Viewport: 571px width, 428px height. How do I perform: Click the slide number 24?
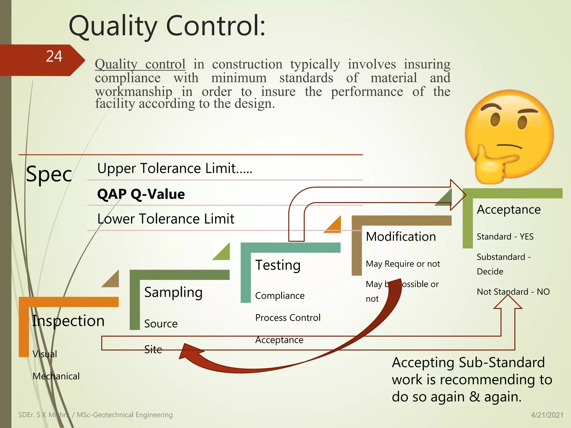(54, 56)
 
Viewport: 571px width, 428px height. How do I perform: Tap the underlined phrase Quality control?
(140, 64)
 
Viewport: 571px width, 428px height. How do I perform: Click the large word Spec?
(49, 174)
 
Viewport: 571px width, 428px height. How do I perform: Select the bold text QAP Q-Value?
(141, 194)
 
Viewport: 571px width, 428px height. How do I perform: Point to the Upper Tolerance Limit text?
(175, 169)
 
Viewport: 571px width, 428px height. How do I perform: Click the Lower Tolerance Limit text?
(166, 219)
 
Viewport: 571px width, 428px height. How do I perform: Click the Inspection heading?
(68, 321)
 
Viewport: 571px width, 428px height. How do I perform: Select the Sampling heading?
(173, 292)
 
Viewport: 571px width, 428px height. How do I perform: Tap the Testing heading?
(278, 265)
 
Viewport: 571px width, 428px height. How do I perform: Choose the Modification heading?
(401, 237)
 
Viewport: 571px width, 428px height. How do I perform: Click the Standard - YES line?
(505, 237)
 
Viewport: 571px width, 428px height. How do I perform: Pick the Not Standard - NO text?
(513, 292)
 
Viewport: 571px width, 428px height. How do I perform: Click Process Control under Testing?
(288, 318)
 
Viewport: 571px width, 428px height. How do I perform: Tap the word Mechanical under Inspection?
(56, 376)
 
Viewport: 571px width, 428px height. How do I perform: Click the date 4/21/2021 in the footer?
(547, 415)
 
